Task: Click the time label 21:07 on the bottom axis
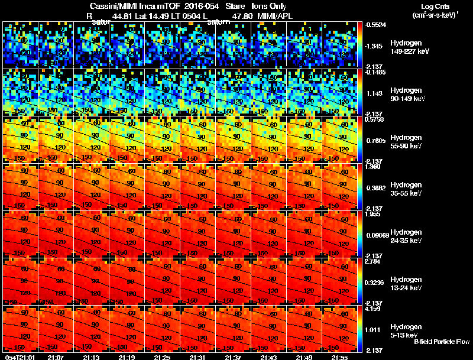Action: click(x=56, y=357)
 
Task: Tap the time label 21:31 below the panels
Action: click(x=198, y=357)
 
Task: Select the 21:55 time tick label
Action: click(x=339, y=357)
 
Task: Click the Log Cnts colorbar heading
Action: click(x=434, y=5)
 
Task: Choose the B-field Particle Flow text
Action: click(x=441, y=342)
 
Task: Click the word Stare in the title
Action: click(x=235, y=6)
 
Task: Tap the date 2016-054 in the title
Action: click(x=198, y=6)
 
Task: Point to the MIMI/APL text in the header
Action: click(x=276, y=17)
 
